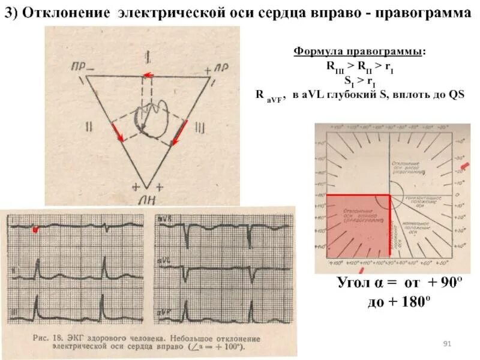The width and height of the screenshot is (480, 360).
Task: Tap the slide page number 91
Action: click(x=446, y=343)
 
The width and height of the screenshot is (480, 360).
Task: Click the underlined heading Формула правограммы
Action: click(x=358, y=52)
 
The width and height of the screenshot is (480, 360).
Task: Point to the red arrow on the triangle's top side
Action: click(x=146, y=75)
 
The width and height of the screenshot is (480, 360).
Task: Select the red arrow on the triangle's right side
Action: click(x=179, y=133)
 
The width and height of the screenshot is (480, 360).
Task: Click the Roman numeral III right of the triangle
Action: click(x=199, y=128)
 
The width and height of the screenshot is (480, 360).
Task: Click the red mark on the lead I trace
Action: click(x=35, y=229)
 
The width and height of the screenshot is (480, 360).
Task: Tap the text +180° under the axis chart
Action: click(x=415, y=301)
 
